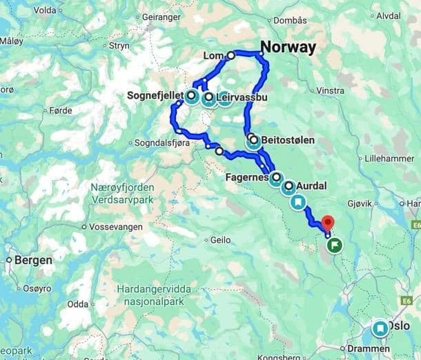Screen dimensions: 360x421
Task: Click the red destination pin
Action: [x=328, y=223]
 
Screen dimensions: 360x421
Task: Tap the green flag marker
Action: [x=335, y=245]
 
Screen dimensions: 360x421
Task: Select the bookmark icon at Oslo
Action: [x=380, y=329]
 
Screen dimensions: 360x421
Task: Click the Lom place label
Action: [x=215, y=56]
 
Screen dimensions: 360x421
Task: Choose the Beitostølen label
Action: [x=288, y=140]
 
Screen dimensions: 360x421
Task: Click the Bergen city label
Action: [x=33, y=261]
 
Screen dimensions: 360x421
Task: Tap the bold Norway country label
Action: [x=288, y=48]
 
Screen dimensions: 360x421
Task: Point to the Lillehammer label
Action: [x=391, y=158]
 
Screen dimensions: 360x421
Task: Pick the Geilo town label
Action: [x=219, y=240]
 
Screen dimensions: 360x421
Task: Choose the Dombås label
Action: [x=290, y=21]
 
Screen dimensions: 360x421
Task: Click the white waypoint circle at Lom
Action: [x=231, y=55]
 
